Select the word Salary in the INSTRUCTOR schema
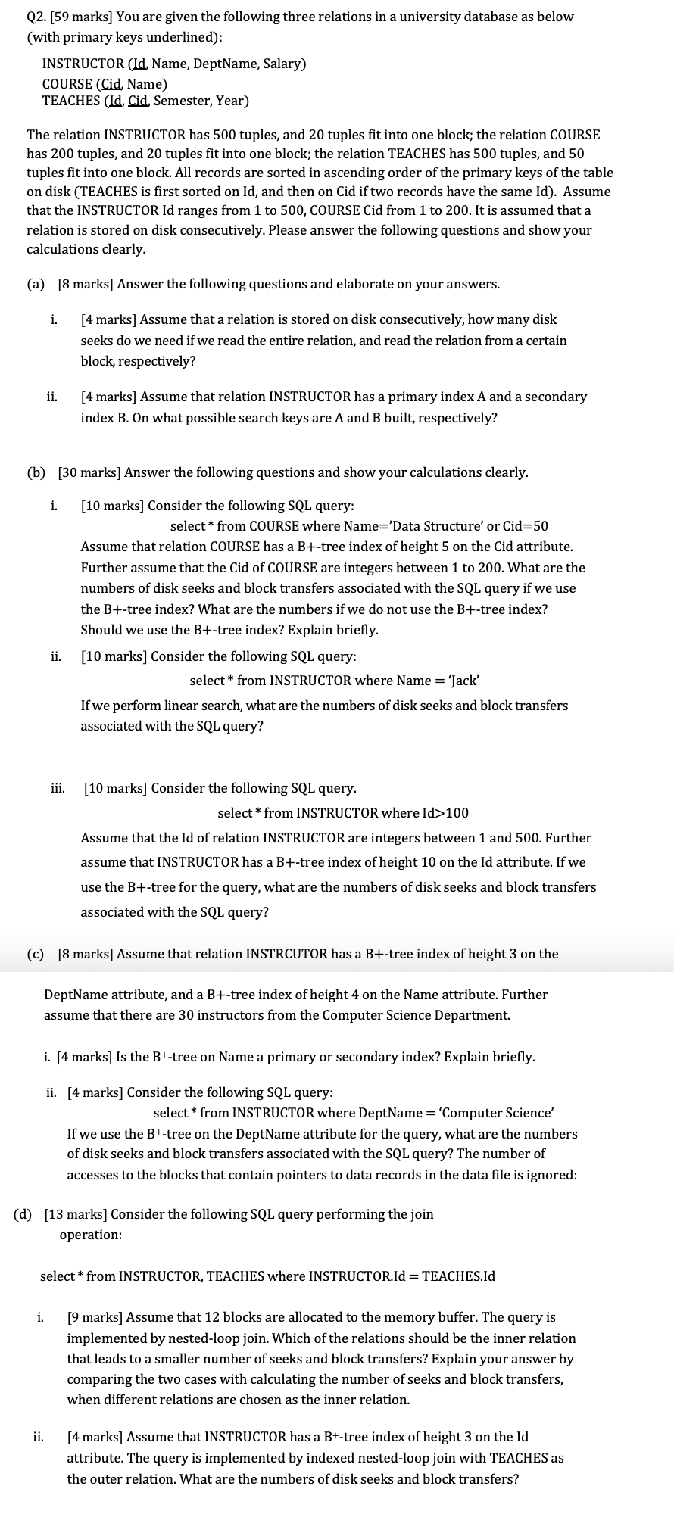[x=282, y=64]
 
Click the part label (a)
[x=36, y=284]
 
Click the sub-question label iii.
[x=58, y=788]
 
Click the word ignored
[x=552, y=1175]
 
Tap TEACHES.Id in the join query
[x=457, y=1276]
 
